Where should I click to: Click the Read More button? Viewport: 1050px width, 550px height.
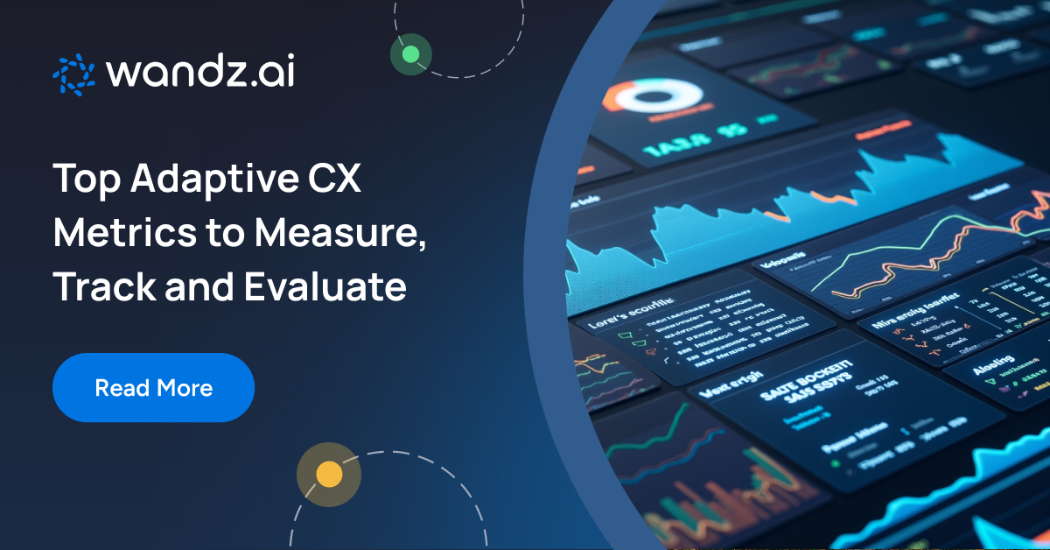point(153,387)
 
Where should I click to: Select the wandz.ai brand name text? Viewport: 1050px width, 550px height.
point(199,74)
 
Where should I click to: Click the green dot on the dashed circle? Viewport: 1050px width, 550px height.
point(410,55)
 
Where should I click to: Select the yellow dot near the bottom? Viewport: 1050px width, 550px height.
point(329,475)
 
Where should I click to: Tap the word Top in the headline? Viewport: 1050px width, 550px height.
point(86,180)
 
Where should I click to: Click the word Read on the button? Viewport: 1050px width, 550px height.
point(121,387)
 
